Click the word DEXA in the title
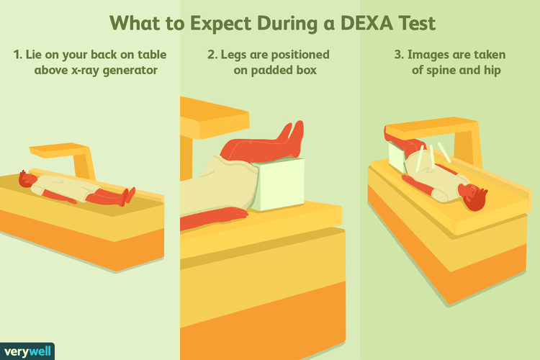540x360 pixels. click(366, 24)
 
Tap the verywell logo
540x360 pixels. click(27, 351)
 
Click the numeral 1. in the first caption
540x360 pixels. click(17, 55)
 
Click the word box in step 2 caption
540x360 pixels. click(307, 70)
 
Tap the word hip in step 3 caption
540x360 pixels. click(492, 71)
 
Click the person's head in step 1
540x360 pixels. click(27, 179)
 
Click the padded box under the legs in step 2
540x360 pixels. click(278, 184)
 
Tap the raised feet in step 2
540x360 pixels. click(293, 135)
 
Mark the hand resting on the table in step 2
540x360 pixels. click(234, 213)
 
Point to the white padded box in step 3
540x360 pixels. click(397, 156)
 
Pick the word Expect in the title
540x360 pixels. click(221, 24)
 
